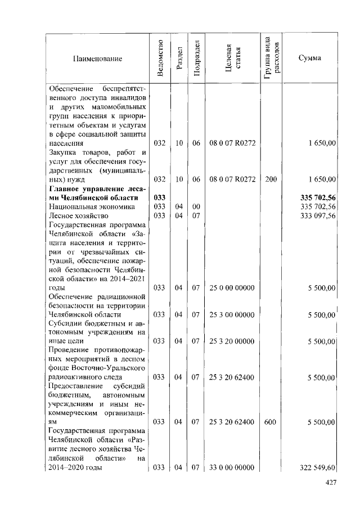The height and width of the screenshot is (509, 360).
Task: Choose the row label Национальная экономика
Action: [84, 206]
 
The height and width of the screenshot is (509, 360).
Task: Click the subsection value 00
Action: [196, 206]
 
